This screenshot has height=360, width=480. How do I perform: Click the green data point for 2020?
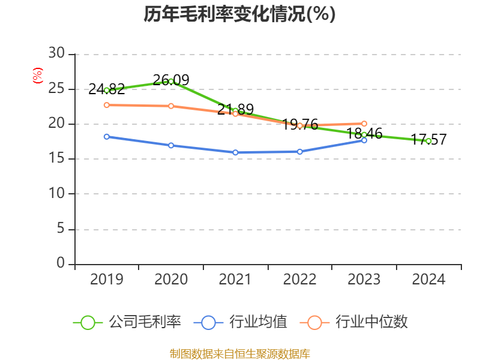pos(171,81)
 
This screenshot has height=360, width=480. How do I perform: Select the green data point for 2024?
pos(428,141)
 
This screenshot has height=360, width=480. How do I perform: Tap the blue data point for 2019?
pos(107,137)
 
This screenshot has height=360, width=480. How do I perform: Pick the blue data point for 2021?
pos(235,152)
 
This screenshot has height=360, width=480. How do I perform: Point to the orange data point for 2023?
pos(364,124)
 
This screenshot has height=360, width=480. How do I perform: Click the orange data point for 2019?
pos(107,105)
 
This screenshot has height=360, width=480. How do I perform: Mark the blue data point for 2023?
pos(364,140)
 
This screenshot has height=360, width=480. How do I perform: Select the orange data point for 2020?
pos(171,106)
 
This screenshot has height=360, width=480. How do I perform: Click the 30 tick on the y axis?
pos(57,54)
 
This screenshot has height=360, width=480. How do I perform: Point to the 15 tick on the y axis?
pos(57,159)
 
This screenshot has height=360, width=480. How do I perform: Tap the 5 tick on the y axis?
pos(61,229)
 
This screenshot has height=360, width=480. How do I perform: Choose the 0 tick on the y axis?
pos(61,264)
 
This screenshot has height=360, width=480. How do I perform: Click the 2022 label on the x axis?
pos(299,280)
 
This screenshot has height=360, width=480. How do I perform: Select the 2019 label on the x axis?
pos(107,280)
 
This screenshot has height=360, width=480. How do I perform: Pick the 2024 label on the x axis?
pos(428,280)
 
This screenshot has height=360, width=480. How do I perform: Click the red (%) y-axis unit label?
pos(38,76)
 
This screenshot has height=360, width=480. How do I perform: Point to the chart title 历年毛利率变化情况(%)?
pos(239,14)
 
